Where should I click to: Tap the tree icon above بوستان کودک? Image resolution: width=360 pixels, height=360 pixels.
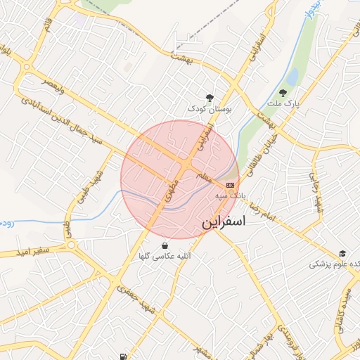[209, 98]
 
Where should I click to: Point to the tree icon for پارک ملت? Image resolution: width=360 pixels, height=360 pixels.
[283, 92]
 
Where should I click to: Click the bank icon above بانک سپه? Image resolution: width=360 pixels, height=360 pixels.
[230, 184]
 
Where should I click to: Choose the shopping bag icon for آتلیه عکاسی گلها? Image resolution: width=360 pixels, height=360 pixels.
[165, 246]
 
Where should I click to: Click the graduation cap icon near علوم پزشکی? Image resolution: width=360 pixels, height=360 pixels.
[342, 254]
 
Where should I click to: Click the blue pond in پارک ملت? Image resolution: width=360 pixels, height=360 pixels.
[291, 76]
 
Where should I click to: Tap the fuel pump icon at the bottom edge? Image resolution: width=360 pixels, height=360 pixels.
[124, 356]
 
